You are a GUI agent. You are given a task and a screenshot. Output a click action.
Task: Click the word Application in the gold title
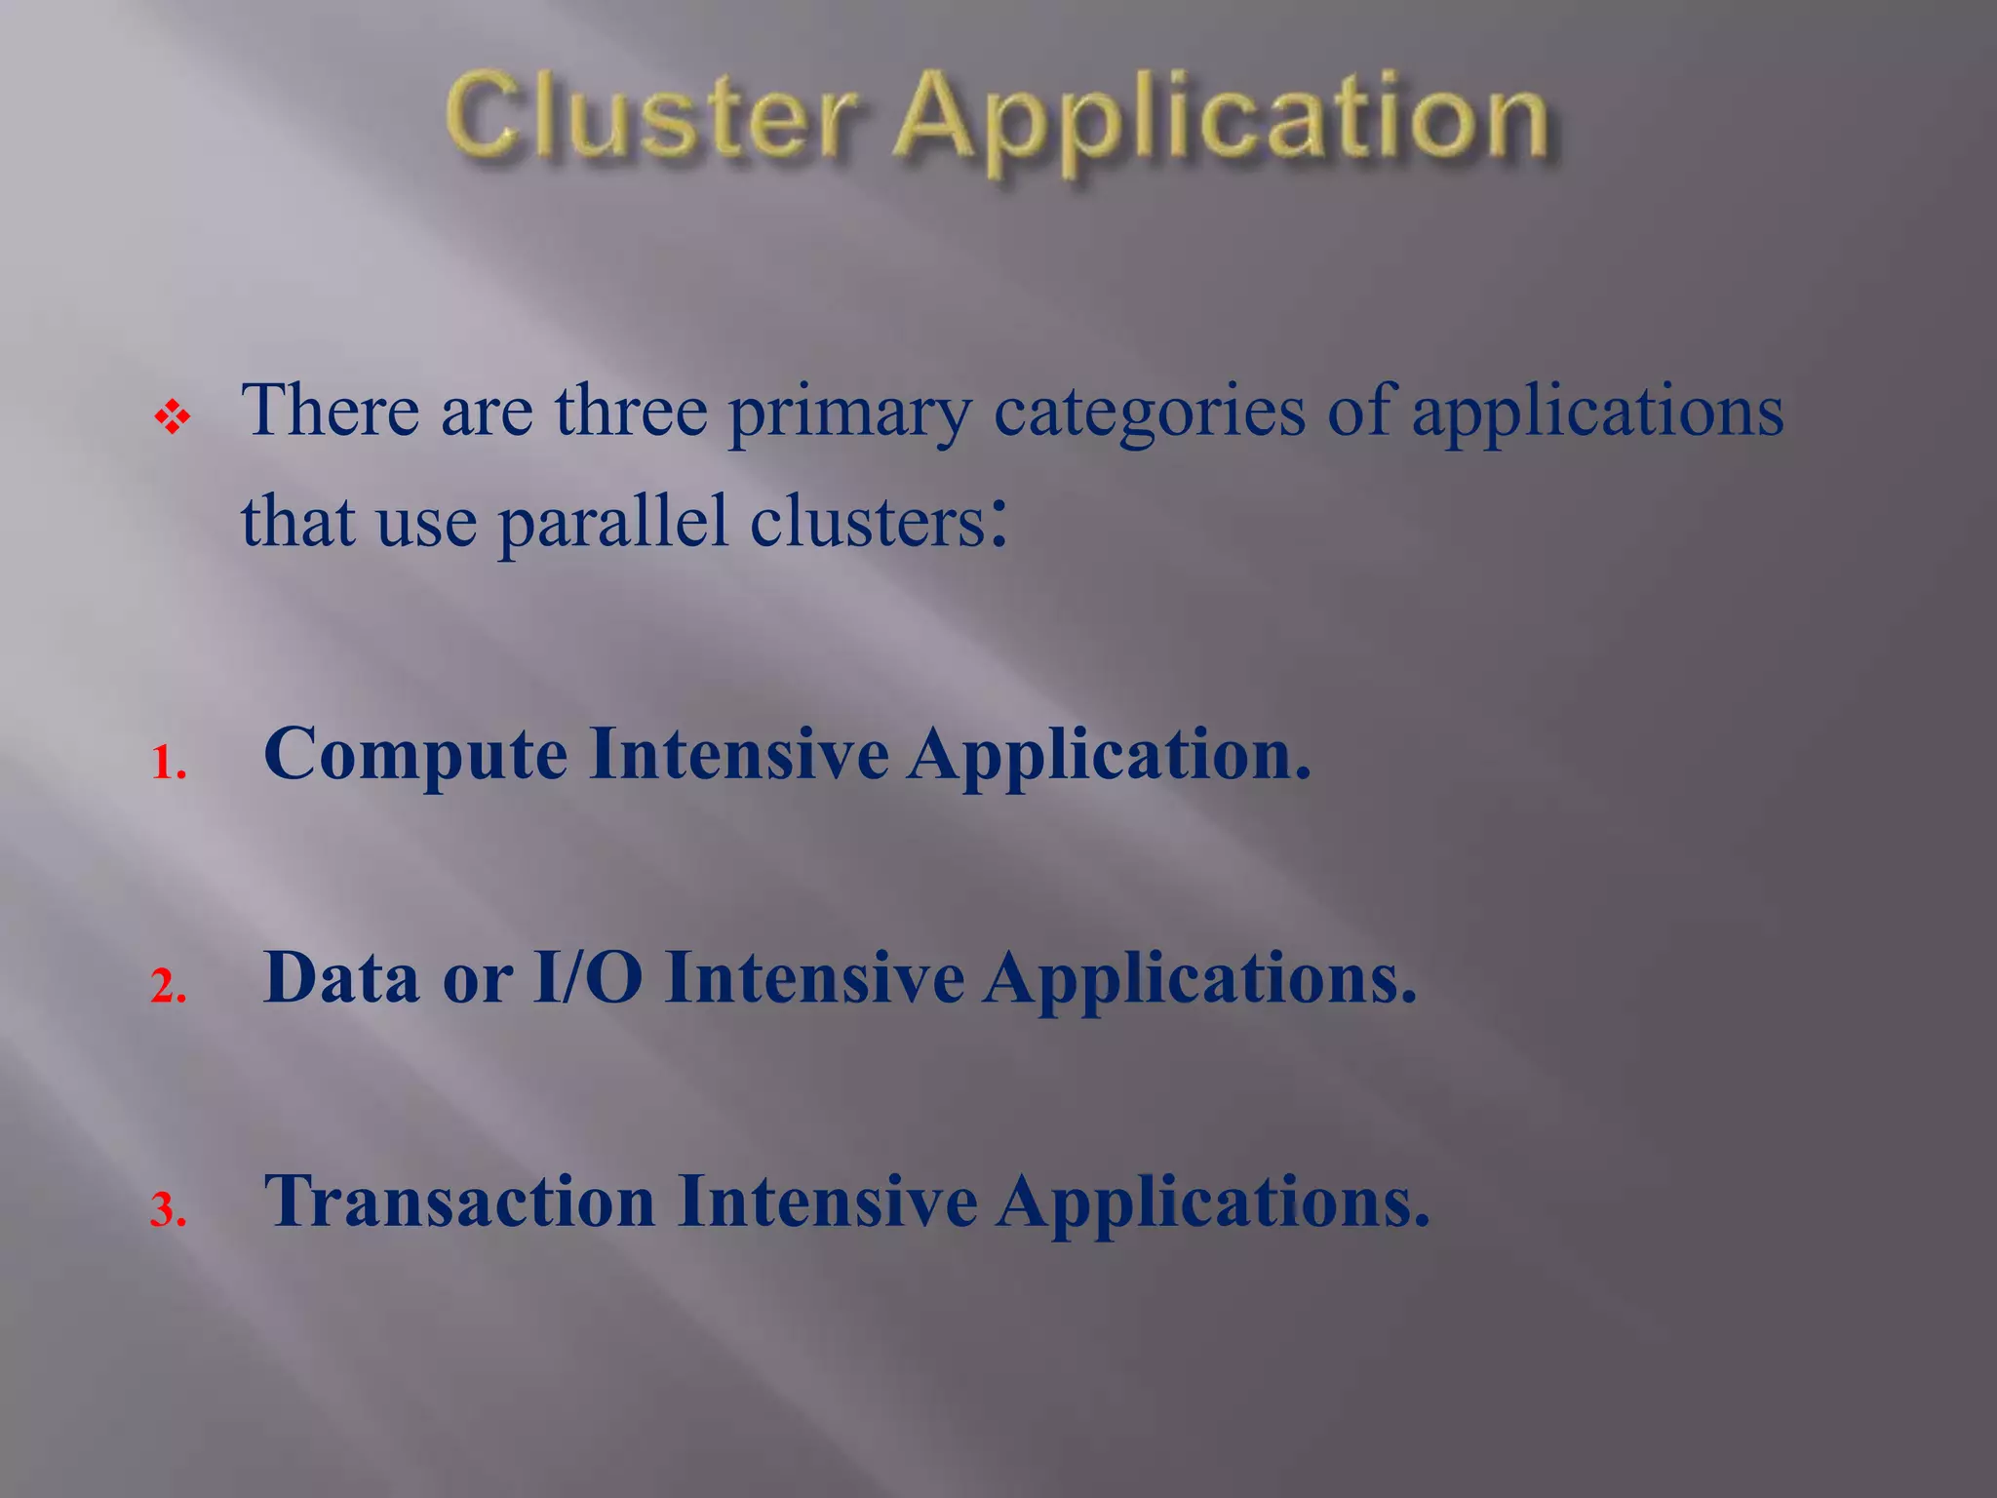[x=1222, y=122]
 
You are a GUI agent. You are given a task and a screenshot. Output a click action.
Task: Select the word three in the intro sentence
[x=631, y=411]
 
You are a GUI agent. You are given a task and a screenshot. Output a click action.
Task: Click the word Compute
[x=415, y=756]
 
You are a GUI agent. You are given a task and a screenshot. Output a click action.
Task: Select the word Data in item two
[x=341, y=977]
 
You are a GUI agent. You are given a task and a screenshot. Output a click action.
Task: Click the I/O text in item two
[x=587, y=977]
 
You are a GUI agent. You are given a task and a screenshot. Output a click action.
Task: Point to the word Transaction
[x=459, y=1201]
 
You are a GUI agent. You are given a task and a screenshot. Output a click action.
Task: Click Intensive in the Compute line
[x=738, y=754]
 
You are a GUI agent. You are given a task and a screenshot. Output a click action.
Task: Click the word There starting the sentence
[x=330, y=411]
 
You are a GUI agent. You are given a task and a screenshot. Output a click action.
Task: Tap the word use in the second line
[x=426, y=523]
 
